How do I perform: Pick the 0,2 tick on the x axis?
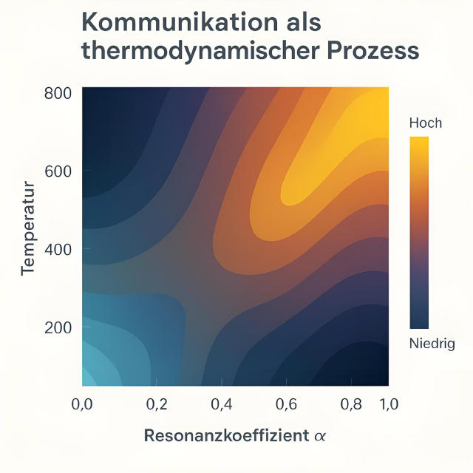157,404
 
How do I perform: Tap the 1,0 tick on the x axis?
389,404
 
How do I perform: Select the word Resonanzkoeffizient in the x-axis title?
225,435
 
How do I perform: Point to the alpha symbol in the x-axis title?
319,436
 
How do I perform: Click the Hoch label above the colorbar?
425,123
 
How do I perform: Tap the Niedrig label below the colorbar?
432,344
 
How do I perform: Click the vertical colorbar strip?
419,232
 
